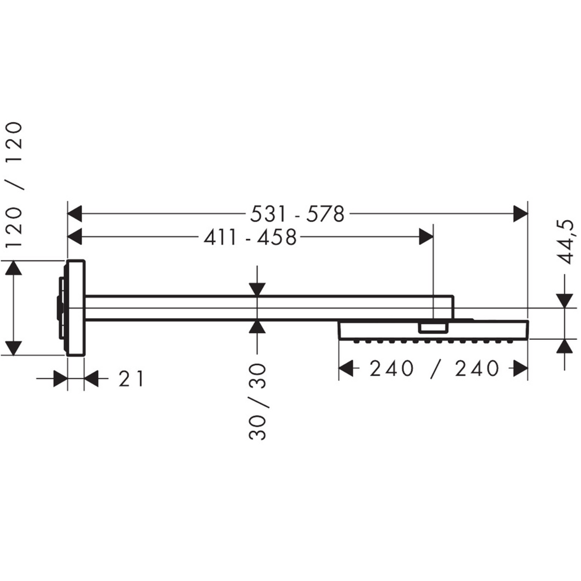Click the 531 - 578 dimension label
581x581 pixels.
click(297, 214)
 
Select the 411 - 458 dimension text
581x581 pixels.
click(250, 237)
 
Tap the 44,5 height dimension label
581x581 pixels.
click(567, 242)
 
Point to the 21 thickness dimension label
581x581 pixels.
click(131, 378)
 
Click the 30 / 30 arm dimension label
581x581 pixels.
click(258, 402)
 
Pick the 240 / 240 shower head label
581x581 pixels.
click(434, 369)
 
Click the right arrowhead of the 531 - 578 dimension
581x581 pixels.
click(520, 214)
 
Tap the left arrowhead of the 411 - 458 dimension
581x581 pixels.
click(74, 237)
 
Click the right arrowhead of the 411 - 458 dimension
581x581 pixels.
click(426, 237)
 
